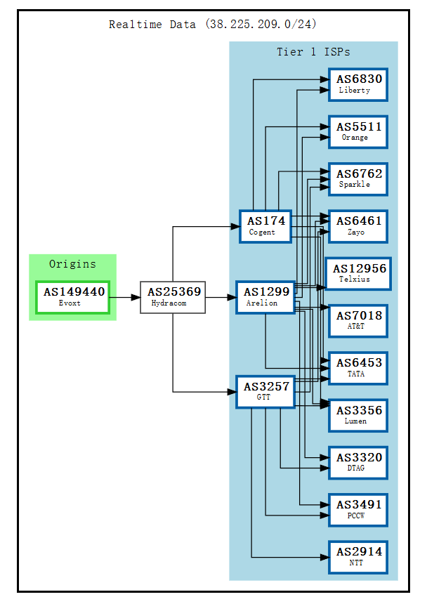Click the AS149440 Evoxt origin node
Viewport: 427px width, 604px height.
click(73, 297)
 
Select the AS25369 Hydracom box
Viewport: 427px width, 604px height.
click(173, 297)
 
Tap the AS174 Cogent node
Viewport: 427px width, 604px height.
click(265, 225)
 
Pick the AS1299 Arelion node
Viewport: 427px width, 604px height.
click(265, 297)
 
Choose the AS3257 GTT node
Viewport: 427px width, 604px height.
click(265, 391)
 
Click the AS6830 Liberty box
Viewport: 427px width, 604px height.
click(358, 84)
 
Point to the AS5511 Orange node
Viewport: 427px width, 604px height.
click(358, 131)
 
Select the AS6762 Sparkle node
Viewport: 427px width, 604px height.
click(358, 178)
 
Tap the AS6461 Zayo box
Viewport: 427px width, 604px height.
click(358, 225)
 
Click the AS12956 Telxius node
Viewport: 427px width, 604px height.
click(358, 273)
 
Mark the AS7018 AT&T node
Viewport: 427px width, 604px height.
click(358, 320)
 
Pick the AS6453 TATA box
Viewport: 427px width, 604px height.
click(358, 367)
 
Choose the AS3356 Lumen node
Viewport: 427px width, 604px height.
click(358, 415)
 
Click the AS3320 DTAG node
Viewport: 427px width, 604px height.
click(358, 462)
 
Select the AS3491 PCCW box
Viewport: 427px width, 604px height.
click(358, 509)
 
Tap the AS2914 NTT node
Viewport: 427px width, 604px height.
click(358, 556)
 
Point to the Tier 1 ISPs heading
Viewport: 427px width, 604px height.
click(313, 52)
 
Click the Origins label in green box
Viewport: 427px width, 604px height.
click(72, 264)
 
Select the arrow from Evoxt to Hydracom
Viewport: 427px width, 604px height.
click(125, 297)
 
